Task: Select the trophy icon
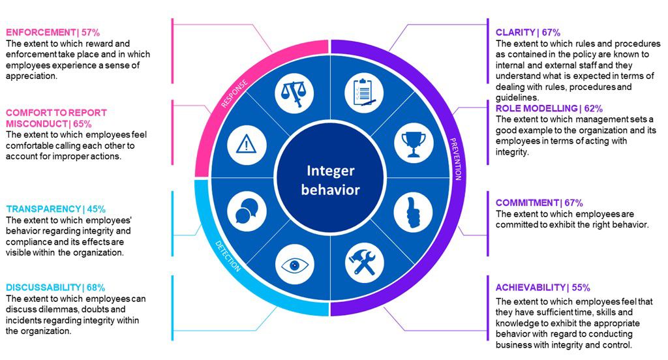click(x=413, y=143)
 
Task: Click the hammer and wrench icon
click(x=364, y=264)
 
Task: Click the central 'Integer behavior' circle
click(x=331, y=179)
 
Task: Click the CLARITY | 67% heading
click(x=528, y=32)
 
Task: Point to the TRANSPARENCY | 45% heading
click(x=55, y=209)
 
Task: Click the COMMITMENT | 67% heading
click(x=539, y=203)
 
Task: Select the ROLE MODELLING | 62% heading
click(x=549, y=108)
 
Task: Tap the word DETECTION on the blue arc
click(x=228, y=256)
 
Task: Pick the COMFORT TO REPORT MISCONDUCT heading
click(x=56, y=117)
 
